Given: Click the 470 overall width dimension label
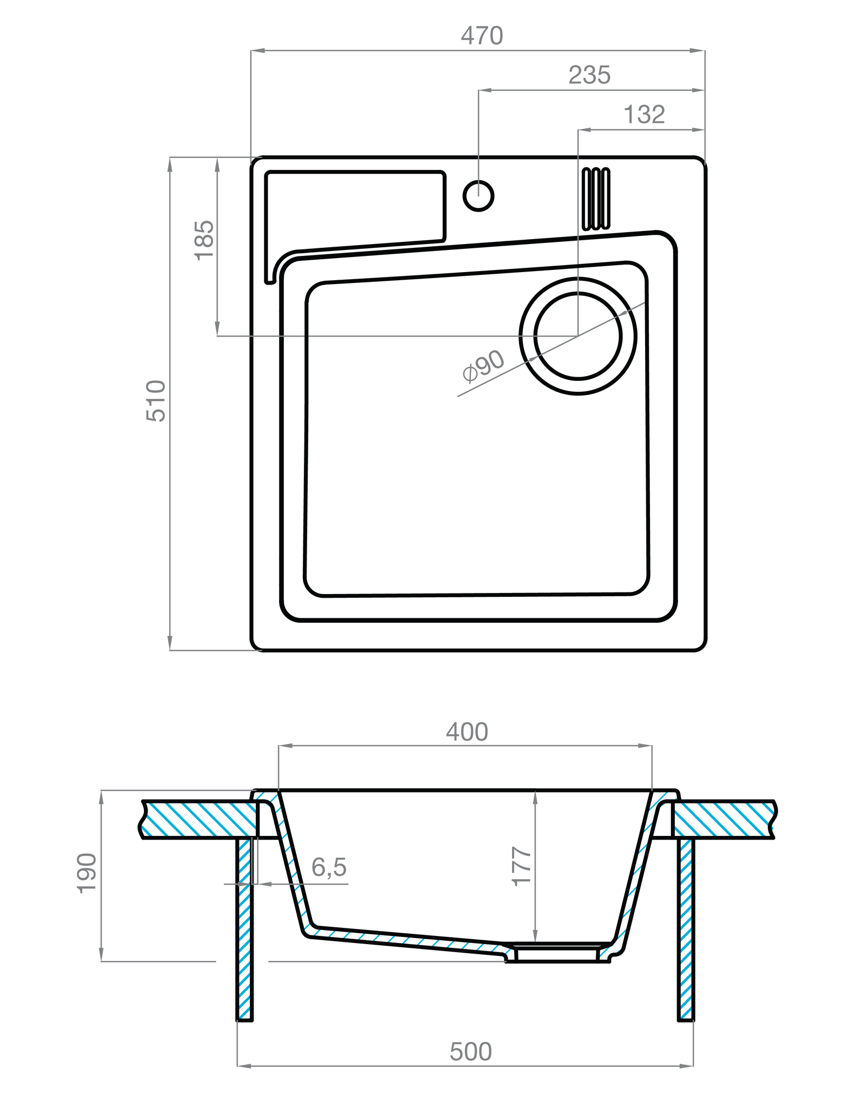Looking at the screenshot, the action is tap(481, 36).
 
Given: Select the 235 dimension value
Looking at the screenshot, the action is tap(589, 76).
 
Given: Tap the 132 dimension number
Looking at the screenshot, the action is tap(643, 115).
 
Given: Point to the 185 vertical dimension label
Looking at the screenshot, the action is tap(204, 240).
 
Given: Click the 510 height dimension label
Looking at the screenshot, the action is tap(156, 401).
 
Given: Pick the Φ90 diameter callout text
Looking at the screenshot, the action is tap(483, 366).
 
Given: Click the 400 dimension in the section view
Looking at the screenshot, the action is tap(467, 732).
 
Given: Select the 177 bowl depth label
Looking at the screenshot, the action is tap(522, 866).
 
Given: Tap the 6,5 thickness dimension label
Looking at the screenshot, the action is tap(329, 867).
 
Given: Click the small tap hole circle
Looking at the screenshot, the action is tap(478, 195).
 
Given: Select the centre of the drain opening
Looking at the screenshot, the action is tap(577, 336).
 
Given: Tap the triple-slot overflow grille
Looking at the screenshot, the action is tap(595, 199).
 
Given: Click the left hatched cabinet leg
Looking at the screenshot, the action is tap(245, 928).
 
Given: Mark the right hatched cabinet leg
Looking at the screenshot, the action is tap(686, 928).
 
